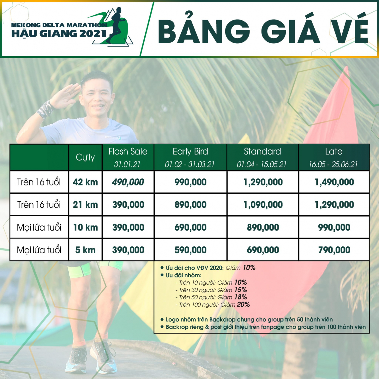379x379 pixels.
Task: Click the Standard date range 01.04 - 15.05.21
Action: point(262,165)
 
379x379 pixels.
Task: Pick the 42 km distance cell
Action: point(85,182)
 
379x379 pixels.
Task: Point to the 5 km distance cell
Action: point(85,250)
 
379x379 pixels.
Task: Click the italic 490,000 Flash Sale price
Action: point(128,182)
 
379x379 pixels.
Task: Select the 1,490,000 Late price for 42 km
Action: point(334,182)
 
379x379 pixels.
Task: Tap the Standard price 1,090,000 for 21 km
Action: point(263,205)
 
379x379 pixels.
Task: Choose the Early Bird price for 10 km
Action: point(190,227)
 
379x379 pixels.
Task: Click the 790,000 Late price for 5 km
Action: point(334,250)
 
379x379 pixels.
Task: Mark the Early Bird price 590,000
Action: point(190,250)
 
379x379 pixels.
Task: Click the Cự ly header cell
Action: point(85,157)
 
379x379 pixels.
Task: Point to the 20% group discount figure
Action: point(243,304)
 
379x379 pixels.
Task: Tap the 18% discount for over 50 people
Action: point(241,297)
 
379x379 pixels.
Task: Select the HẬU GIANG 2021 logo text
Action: point(59,33)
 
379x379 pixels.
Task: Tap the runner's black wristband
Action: point(45,110)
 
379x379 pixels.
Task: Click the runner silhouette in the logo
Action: point(116,25)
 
